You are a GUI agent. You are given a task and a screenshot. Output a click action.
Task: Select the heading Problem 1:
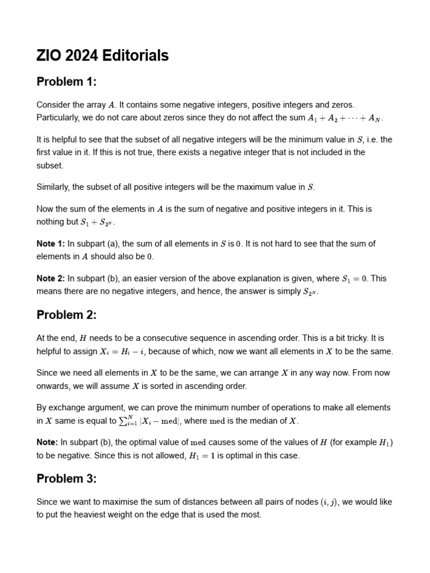[x=67, y=82]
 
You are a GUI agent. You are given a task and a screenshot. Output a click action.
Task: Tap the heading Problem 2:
[x=67, y=315]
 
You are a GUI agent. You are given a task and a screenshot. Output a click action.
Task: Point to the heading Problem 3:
[x=67, y=478]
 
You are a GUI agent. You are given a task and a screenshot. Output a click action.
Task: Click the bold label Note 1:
[x=50, y=243]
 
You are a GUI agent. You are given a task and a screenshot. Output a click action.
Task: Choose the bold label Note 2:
[x=50, y=278]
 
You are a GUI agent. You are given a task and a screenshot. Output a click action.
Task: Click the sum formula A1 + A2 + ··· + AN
[x=345, y=118]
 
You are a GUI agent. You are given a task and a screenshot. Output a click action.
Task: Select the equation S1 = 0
[x=355, y=278]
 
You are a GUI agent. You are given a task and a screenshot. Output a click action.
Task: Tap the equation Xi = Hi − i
[x=123, y=351]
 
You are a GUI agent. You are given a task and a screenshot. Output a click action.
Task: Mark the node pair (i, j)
[x=329, y=502]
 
